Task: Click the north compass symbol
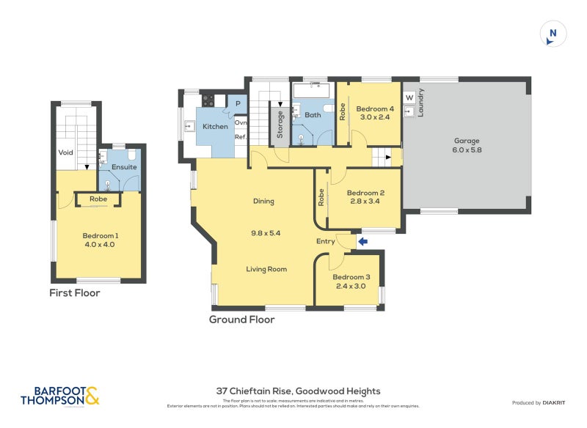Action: [553, 34]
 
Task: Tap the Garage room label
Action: [466, 141]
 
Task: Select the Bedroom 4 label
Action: [375, 110]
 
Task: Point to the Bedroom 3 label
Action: [351, 277]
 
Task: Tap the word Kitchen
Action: [215, 127]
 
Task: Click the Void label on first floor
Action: [66, 152]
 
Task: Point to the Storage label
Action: [280, 124]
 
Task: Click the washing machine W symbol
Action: [409, 97]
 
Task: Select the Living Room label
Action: [266, 269]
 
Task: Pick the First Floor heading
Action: [74, 292]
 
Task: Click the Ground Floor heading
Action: [241, 320]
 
